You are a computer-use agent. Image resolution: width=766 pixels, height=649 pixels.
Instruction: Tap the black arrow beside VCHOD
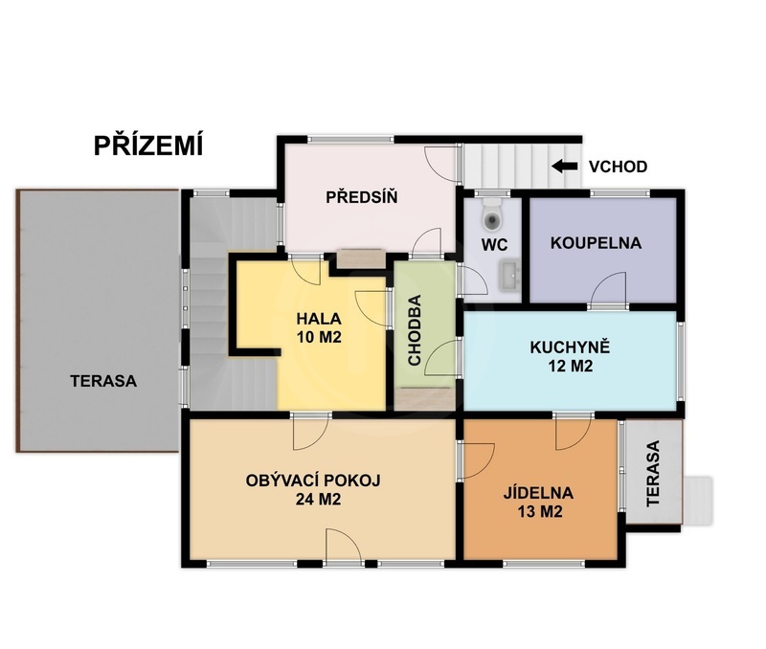564,167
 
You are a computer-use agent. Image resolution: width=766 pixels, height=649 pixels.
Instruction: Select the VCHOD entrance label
618,167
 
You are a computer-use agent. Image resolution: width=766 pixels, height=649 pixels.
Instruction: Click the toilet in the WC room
492,216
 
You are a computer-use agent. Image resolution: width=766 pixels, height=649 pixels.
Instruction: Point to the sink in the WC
508,275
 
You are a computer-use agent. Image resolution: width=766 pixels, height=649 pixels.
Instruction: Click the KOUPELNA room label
596,243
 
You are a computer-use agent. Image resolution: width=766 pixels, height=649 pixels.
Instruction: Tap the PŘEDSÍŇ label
361,198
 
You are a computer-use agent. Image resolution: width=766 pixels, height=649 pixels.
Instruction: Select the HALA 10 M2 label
319,328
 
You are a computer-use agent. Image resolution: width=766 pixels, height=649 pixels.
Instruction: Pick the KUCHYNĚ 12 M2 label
569,355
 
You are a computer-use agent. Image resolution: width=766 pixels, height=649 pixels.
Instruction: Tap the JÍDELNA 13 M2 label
538,503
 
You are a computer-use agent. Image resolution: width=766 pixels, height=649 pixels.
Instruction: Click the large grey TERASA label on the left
103,380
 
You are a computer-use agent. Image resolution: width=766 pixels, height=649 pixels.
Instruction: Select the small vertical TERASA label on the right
653,473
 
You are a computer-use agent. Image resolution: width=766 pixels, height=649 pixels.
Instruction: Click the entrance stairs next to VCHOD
504,164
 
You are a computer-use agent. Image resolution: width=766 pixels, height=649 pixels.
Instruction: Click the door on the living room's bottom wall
342,548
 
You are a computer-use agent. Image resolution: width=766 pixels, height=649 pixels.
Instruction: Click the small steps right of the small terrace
698,500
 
